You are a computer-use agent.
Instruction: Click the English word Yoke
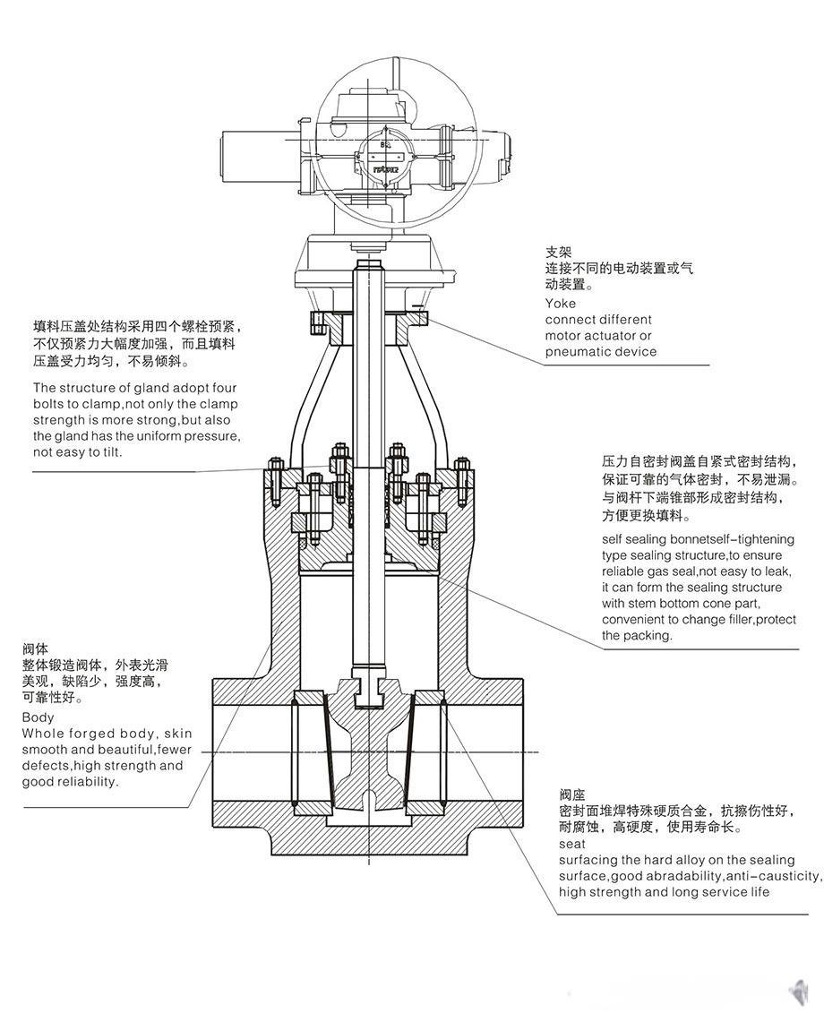click(x=561, y=303)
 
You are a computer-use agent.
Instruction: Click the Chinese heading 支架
click(x=559, y=253)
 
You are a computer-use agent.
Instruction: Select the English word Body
click(x=38, y=717)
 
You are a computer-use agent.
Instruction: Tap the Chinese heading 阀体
click(x=35, y=648)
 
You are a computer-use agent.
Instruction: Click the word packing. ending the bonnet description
click(x=649, y=635)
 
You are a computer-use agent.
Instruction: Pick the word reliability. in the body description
click(x=88, y=782)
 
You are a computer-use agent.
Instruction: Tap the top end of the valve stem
click(x=367, y=266)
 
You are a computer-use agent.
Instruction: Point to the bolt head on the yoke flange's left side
click(x=315, y=322)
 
